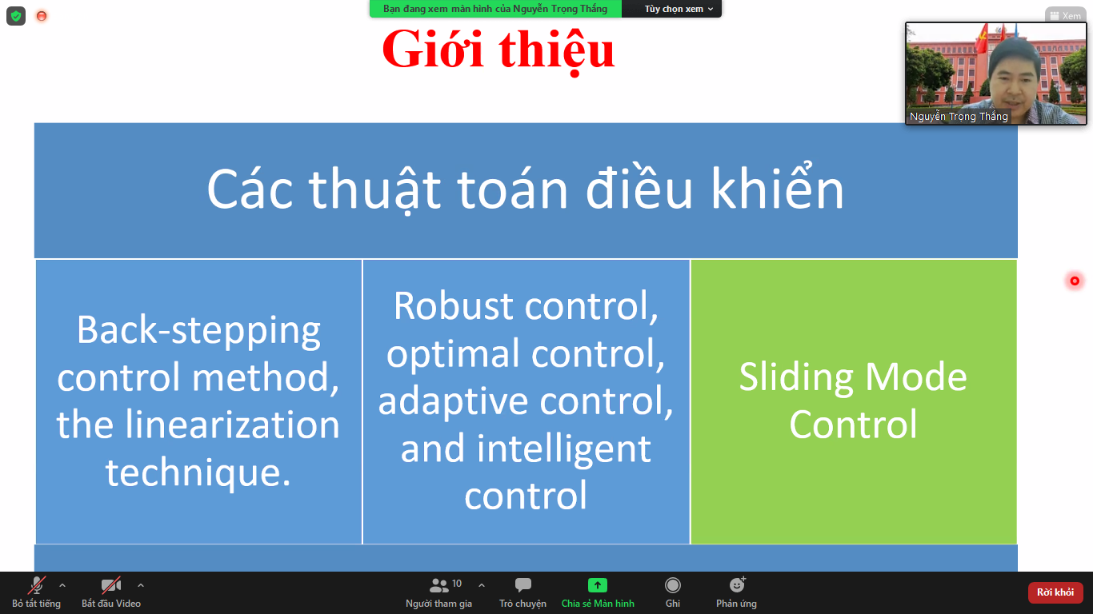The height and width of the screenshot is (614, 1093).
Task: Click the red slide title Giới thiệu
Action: point(498,50)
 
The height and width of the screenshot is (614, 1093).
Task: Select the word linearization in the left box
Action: point(232,424)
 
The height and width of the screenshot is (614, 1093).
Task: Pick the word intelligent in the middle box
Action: point(563,449)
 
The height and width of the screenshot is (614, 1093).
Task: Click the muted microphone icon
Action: point(36,585)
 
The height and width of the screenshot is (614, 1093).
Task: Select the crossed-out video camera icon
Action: point(110,585)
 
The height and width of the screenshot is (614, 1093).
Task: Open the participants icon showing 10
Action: point(438,585)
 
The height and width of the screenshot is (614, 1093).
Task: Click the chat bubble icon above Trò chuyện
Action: point(522,584)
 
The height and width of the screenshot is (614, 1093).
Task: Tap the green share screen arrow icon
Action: point(597,584)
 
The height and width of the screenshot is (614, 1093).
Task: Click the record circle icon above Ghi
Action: point(672,584)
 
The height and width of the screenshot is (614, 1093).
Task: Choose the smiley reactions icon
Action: point(737,584)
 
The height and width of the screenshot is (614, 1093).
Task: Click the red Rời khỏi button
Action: point(1055,592)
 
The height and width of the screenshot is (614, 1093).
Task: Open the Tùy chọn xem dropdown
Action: point(679,9)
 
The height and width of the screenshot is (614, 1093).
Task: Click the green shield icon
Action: point(16,16)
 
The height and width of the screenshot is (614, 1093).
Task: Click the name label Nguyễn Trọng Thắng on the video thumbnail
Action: point(959,117)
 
